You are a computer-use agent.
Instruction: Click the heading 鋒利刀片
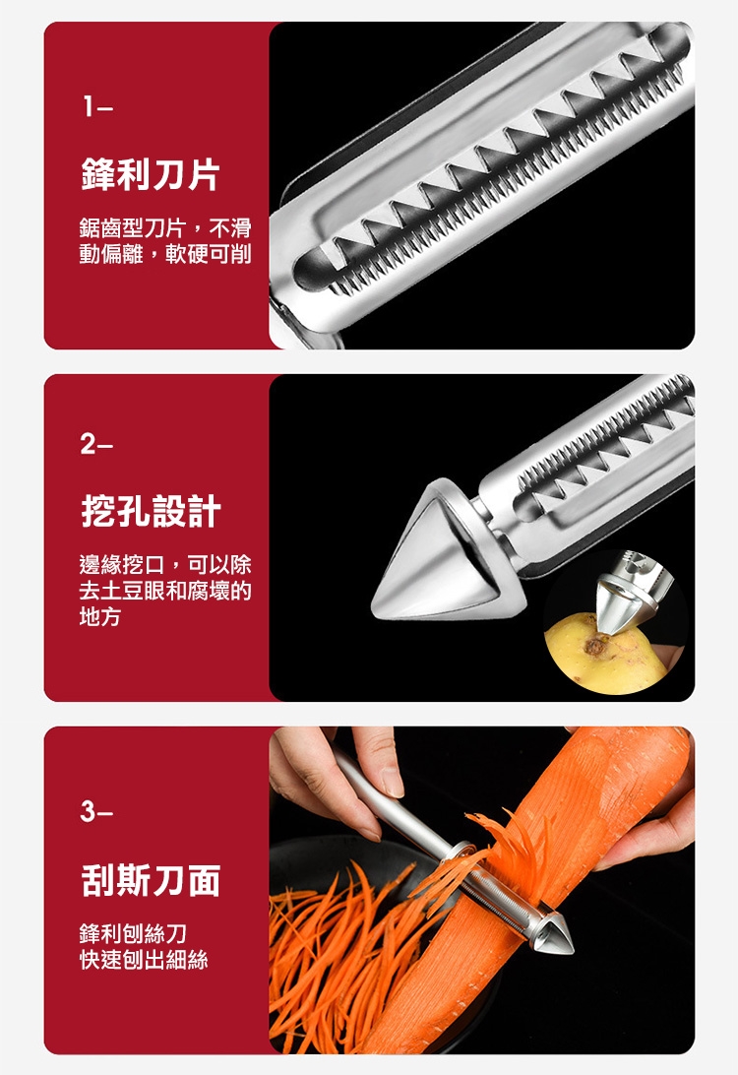pyautogui.click(x=151, y=174)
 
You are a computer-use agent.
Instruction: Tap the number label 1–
pyautogui.click(x=97, y=107)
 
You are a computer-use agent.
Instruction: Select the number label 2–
pyautogui.click(x=97, y=445)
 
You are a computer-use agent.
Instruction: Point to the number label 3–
pyautogui.click(x=97, y=812)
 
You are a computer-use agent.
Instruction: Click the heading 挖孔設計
pyautogui.click(x=151, y=511)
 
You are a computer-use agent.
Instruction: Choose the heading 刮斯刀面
pyautogui.click(x=151, y=880)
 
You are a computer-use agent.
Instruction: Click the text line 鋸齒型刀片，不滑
pyautogui.click(x=165, y=227)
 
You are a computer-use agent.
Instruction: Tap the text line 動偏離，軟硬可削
pyautogui.click(x=165, y=254)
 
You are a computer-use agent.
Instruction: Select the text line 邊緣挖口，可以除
pyautogui.click(x=165, y=564)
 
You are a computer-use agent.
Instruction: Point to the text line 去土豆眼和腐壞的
pyautogui.click(x=165, y=591)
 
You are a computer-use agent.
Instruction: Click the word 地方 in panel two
pyautogui.click(x=100, y=616)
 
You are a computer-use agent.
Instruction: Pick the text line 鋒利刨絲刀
pyautogui.click(x=133, y=933)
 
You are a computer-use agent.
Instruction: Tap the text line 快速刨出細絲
pyautogui.click(x=144, y=959)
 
